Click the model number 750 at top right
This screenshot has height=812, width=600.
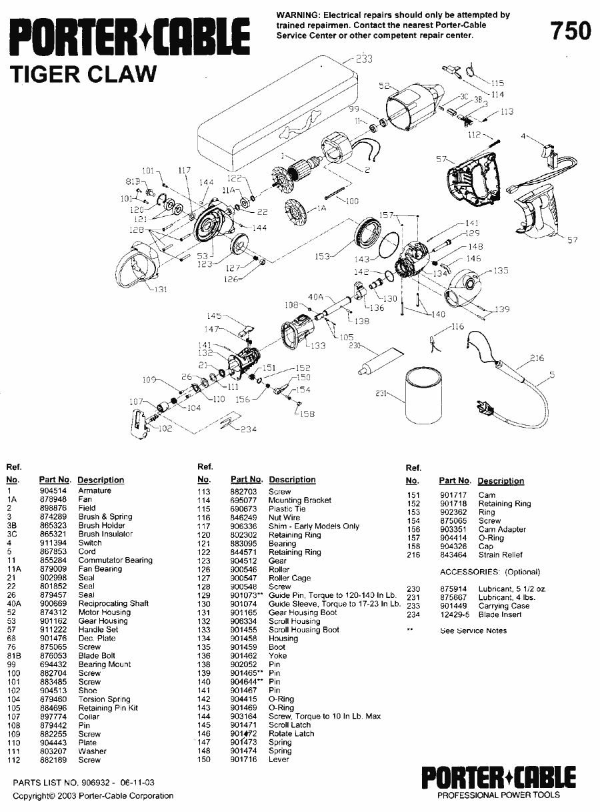(x=569, y=30)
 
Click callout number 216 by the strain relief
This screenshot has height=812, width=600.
(x=537, y=358)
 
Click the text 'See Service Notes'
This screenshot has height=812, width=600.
(x=473, y=631)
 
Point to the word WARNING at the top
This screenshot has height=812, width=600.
(x=298, y=15)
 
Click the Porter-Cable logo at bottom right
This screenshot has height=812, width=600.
(x=497, y=777)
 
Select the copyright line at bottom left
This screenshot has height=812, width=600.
(x=93, y=795)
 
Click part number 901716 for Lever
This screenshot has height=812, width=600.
(x=243, y=759)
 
